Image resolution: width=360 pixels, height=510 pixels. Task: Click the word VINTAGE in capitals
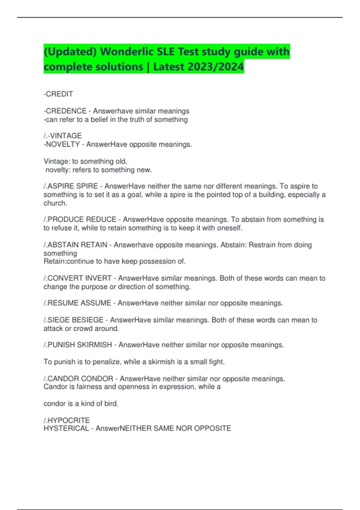tap(66, 136)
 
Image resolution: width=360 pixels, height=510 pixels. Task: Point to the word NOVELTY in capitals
tap(62, 144)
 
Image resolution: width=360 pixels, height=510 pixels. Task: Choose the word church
tap(55, 203)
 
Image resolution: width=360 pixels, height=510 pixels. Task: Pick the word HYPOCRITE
tap(68, 420)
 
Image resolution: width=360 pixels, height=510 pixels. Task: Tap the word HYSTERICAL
tap(66, 428)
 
